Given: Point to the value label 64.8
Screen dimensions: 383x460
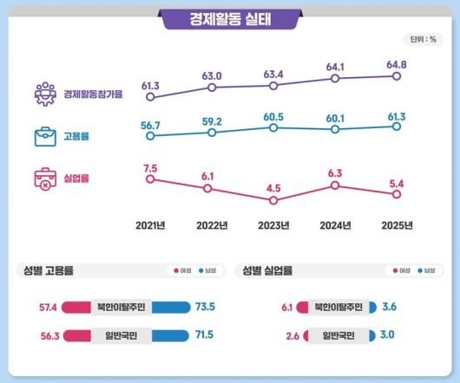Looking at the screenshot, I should [x=397, y=63].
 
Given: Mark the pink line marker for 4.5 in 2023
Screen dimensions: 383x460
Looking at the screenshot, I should [x=273, y=200].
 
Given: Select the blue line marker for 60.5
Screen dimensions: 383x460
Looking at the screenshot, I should [x=273, y=127].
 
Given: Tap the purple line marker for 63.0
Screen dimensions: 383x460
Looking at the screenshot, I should [x=212, y=88].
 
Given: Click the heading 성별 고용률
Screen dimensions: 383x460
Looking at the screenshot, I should [x=48, y=270].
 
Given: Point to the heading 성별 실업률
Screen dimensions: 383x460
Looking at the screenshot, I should [x=268, y=270].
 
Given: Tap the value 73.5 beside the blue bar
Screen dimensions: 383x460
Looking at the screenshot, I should [x=206, y=306].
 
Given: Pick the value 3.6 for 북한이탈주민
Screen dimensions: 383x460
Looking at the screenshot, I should [x=390, y=306].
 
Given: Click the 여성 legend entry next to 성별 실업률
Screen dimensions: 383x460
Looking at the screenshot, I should [x=400, y=271].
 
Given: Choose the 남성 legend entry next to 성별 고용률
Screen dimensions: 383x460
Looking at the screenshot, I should [x=206, y=271].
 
